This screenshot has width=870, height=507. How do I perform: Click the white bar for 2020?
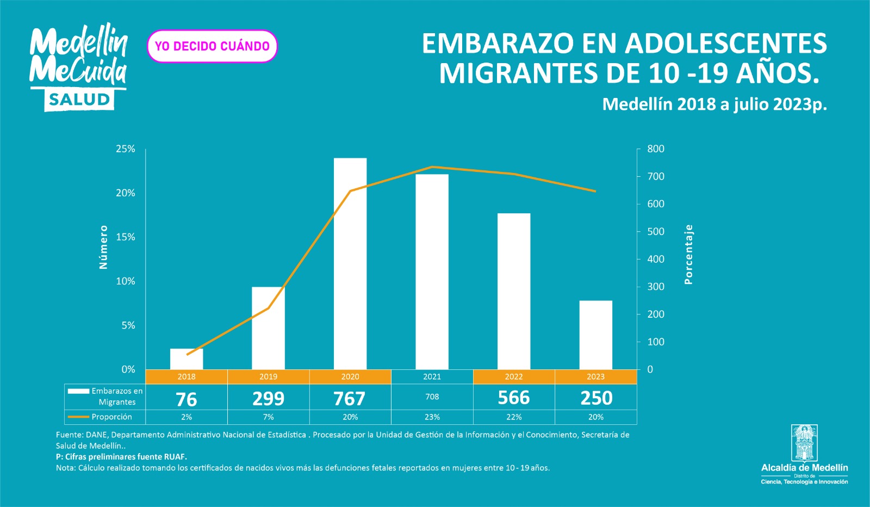350,264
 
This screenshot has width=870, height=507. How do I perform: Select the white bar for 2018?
187,359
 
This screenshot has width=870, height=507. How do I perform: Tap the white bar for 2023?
595,335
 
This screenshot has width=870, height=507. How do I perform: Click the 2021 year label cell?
432,376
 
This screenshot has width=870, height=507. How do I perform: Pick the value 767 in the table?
350,398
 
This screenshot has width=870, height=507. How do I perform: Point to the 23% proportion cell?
432,417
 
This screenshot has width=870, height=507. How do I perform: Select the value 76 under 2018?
187,399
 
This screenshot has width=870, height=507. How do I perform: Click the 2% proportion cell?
187,417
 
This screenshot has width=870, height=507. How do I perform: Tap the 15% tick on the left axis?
125,237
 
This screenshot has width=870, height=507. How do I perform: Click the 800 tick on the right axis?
656,149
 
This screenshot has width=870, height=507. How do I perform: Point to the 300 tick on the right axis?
656,287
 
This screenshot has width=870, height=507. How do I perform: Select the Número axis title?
103,247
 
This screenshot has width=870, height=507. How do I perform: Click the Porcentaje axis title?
689,254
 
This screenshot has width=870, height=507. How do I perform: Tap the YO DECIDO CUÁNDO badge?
212,46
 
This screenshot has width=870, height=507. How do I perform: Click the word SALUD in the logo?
79,100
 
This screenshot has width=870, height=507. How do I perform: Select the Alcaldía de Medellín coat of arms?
804,443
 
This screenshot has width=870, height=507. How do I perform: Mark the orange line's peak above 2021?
432,167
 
